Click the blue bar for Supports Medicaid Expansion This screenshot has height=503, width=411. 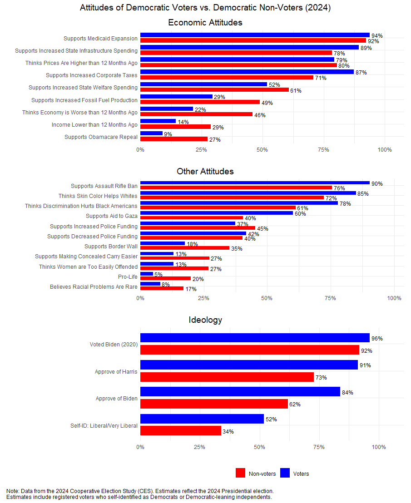(x=255, y=35)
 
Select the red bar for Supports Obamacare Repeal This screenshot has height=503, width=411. (x=174, y=139)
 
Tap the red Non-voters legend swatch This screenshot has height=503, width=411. (x=241, y=473)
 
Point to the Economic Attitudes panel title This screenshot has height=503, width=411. (x=205, y=22)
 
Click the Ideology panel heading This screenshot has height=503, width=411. (x=205, y=320)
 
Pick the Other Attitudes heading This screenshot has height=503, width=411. (x=205, y=171)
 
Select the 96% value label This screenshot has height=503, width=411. (x=377, y=338)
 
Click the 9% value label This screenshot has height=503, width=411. (x=168, y=134)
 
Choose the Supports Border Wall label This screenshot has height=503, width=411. (x=111, y=247)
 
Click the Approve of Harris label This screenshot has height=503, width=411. (x=116, y=371)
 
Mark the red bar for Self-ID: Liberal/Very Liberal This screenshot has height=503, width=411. (x=181, y=430)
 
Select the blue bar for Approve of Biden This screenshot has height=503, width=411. (x=240, y=391)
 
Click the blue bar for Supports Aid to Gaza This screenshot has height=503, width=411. (x=217, y=213)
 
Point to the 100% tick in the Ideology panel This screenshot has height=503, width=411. (x=379, y=447)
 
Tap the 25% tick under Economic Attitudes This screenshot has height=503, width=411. (x=201, y=149)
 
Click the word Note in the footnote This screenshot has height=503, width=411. (x=13, y=491)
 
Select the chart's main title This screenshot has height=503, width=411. (x=205, y=8)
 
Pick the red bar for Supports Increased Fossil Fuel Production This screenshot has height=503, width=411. (x=200, y=102)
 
